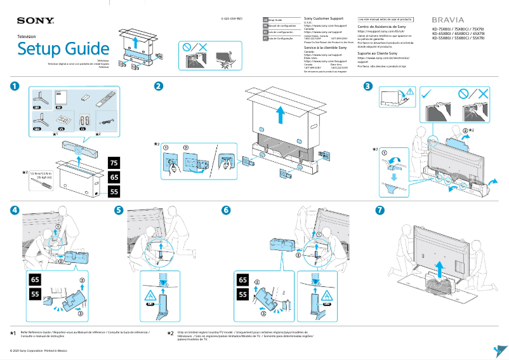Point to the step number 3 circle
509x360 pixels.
[x=367, y=86]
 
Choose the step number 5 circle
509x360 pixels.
[x=119, y=210]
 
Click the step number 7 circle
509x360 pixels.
[x=380, y=210]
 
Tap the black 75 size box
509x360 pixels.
[x=114, y=163]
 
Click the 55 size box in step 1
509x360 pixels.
[x=114, y=191]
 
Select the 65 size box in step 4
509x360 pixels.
[x=36, y=280]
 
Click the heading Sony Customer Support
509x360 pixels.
[x=325, y=19]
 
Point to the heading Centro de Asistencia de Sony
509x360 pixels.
[x=381, y=27]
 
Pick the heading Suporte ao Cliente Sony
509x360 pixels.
[x=378, y=53]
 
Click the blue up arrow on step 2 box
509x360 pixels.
[x=281, y=116]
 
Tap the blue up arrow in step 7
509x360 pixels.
[x=438, y=265]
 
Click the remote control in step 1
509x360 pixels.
[x=105, y=100]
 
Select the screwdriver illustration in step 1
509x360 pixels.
[x=43, y=187]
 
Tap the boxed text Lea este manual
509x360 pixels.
[x=385, y=20]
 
